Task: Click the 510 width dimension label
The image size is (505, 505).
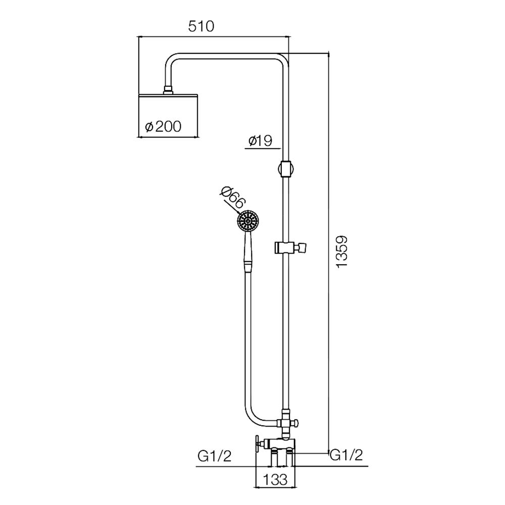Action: click(x=201, y=26)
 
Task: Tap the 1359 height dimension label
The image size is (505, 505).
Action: click(x=341, y=251)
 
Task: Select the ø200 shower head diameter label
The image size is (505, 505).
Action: click(x=163, y=127)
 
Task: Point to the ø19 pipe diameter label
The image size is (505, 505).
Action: click(x=261, y=140)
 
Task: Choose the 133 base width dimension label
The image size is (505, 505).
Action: click(x=275, y=480)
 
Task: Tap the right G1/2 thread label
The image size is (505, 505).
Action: click(x=346, y=455)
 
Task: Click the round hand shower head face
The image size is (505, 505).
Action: click(x=248, y=221)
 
